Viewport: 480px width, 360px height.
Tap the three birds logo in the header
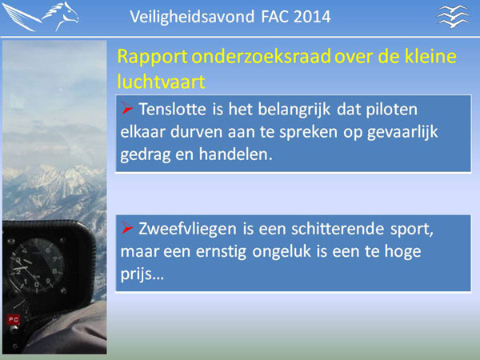[453, 17]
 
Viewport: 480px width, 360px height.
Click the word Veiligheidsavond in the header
[192, 17]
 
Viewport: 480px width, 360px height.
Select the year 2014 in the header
[312, 17]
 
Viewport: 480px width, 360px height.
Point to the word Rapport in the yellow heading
[152, 58]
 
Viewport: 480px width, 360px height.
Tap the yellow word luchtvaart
[161, 82]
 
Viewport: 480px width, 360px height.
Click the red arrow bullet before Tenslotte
[126, 108]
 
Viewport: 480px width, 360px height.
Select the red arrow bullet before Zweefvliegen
[126, 227]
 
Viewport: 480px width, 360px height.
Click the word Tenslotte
[172, 110]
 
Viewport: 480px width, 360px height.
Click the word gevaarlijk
[403, 133]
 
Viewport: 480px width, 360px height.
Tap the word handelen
[235, 154]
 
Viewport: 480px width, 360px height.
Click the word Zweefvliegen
[187, 230]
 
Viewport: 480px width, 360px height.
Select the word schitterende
[338, 229]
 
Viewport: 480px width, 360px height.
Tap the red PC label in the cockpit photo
[13, 320]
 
